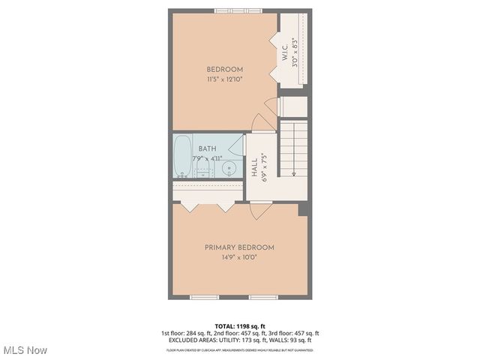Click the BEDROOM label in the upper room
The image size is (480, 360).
[225, 70]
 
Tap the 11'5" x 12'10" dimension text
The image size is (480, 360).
[225, 79]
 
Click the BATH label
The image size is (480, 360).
[207, 148]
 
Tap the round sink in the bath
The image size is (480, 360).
[230, 168]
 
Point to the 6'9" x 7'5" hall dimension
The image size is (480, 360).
[264, 167]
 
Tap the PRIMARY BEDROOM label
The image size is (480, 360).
[239, 247]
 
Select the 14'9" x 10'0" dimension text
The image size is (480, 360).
[239, 257]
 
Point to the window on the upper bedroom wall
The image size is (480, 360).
[238, 10]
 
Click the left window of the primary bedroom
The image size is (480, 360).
[204, 298]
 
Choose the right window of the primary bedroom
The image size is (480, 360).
[264, 298]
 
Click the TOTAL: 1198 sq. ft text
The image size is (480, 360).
[239, 326]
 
